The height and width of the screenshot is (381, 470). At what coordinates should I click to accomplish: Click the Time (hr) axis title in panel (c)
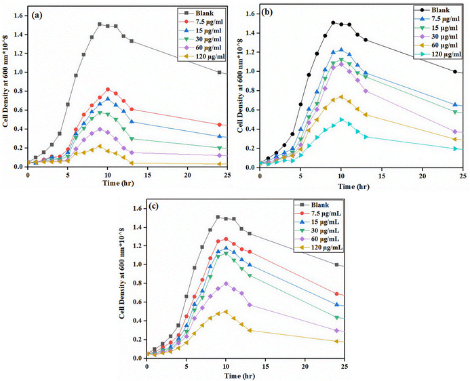244,375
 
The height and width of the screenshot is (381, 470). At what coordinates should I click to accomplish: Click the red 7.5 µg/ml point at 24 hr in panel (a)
220,125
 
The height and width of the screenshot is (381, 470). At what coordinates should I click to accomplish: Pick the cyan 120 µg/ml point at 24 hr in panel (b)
455,148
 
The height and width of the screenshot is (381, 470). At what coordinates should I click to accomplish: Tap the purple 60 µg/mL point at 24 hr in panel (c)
337,331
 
